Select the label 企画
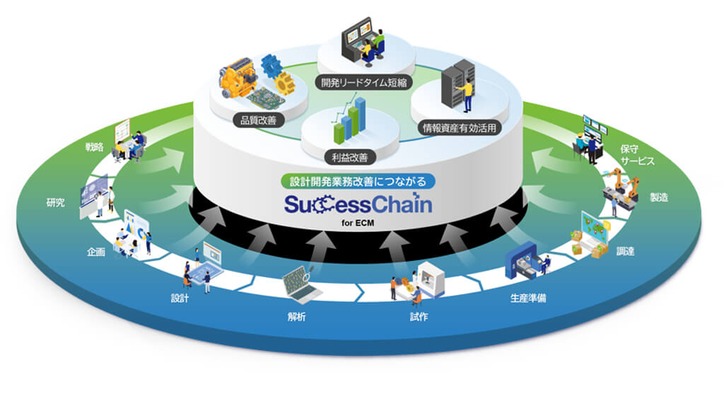pyautogui.click(x=97, y=253)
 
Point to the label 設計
pyautogui.click(x=180, y=298)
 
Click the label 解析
pyautogui.click(x=297, y=316)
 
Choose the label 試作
pyautogui.click(x=419, y=316)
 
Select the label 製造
pyautogui.click(x=660, y=198)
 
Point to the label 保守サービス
pyautogui.click(x=637, y=155)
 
